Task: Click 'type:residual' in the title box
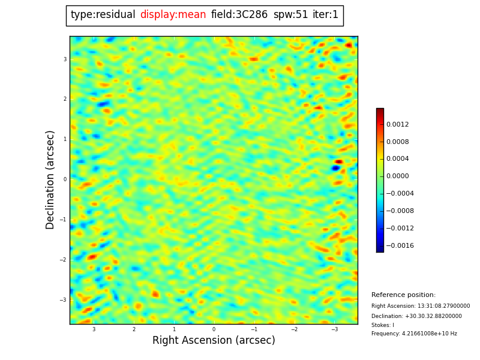[x=103, y=15]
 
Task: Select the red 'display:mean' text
[x=173, y=15]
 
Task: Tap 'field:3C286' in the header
[x=239, y=15]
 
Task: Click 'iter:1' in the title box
[x=325, y=15]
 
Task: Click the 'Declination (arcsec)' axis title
[x=50, y=179]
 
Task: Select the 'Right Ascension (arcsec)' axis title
[x=214, y=341]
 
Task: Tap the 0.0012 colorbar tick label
[x=397, y=125]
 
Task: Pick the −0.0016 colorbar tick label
[x=399, y=246]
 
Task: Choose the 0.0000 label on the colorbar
[x=397, y=176]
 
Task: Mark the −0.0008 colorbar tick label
[x=399, y=211]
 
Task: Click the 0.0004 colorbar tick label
[x=397, y=159]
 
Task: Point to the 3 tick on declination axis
[x=65, y=59]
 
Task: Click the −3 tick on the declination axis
[x=63, y=300]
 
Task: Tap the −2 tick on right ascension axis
[x=294, y=329]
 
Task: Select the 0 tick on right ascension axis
[x=214, y=329]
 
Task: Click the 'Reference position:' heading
[x=403, y=295]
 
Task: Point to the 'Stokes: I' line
[x=383, y=325]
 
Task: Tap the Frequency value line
[x=414, y=334]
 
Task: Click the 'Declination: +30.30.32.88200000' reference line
[x=416, y=316]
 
